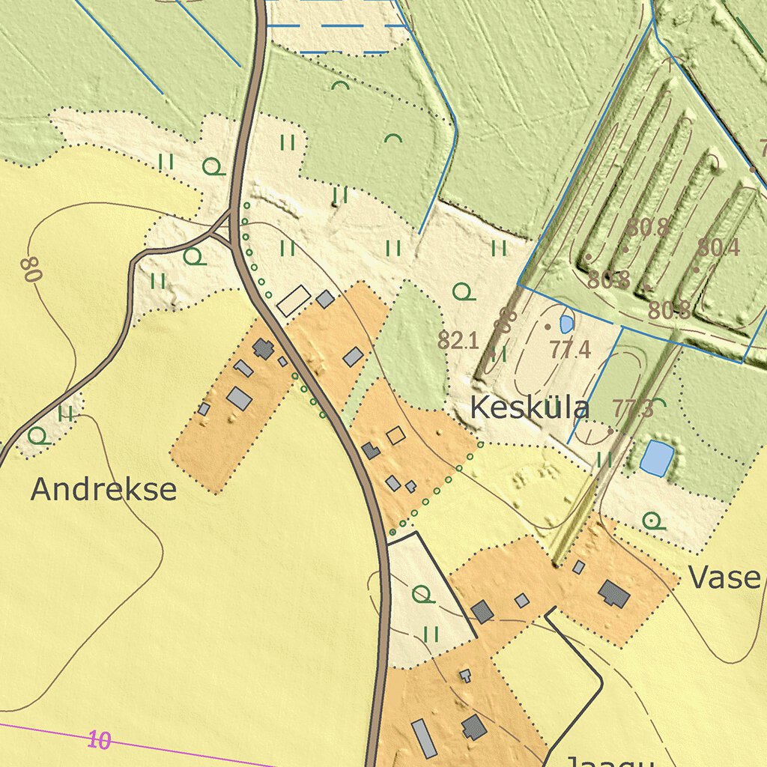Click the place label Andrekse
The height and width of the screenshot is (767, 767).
pyautogui.click(x=103, y=490)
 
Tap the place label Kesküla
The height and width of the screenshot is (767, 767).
pyautogui.click(x=530, y=409)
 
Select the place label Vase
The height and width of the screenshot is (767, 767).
pyautogui.click(x=724, y=577)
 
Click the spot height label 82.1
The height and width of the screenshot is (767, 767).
pyautogui.click(x=458, y=342)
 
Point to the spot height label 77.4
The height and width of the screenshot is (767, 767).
pyautogui.click(x=570, y=349)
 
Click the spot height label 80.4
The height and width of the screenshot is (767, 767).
pyautogui.click(x=718, y=247)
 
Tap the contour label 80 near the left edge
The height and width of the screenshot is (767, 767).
pyautogui.click(x=31, y=269)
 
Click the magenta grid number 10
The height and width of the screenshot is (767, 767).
pyautogui.click(x=99, y=741)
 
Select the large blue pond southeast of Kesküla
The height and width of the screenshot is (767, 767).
pyautogui.click(x=656, y=458)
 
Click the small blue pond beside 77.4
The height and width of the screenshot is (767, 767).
pyautogui.click(x=567, y=324)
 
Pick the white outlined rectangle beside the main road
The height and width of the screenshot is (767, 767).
pyautogui.click(x=294, y=300)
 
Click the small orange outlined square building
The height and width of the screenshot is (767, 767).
pyautogui.click(x=395, y=435)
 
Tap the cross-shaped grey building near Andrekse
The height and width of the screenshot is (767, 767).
pyautogui.click(x=263, y=348)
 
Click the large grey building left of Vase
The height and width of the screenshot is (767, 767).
pyautogui.click(x=614, y=594)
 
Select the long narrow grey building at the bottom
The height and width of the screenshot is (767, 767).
pyautogui.click(x=424, y=739)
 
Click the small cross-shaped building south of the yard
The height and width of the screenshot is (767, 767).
pyautogui.click(x=465, y=675)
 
